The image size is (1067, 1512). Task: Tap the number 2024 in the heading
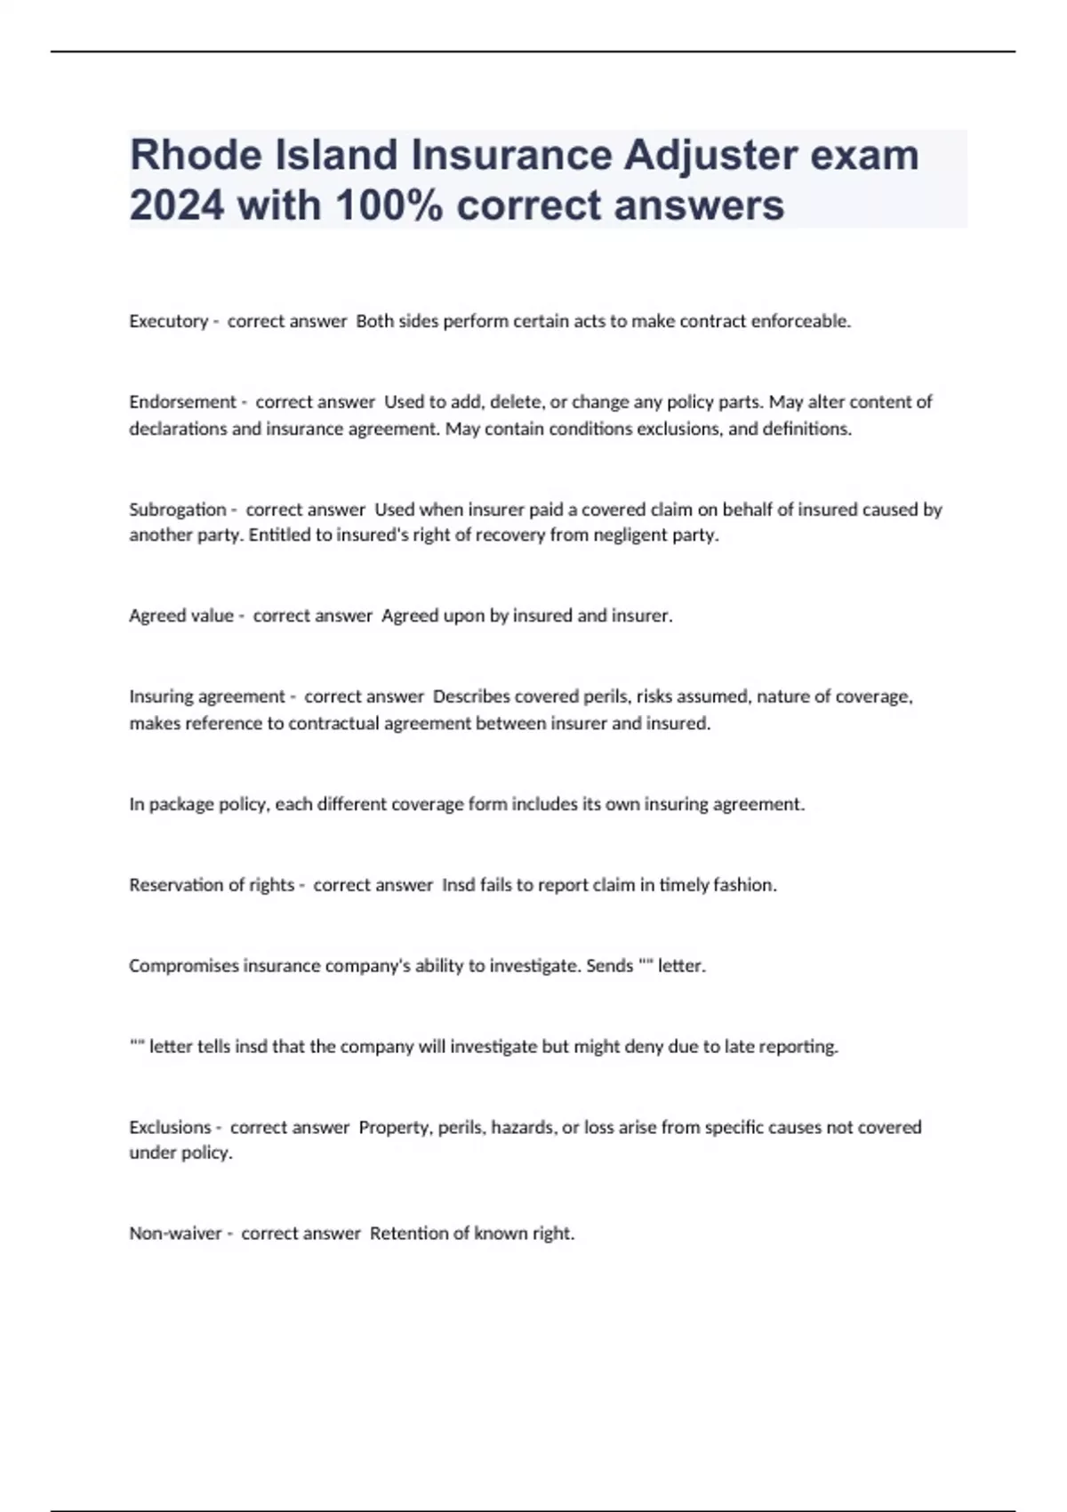[x=177, y=205]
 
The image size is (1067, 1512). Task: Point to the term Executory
[x=168, y=321]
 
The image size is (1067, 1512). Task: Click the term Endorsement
[x=182, y=402]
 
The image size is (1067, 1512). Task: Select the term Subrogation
[x=178, y=510]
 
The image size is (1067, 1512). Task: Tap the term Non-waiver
[x=175, y=1234]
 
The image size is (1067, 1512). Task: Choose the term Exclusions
[x=170, y=1127]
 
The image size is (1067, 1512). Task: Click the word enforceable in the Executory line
[x=800, y=321]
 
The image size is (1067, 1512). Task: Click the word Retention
[x=408, y=1234]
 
